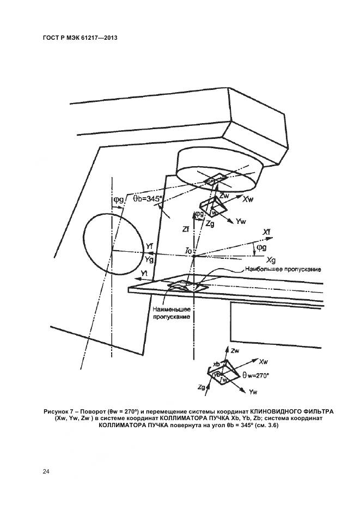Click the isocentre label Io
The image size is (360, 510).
(188, 250)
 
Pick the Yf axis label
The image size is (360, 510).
(149, 246)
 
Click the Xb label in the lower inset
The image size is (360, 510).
(216, 363)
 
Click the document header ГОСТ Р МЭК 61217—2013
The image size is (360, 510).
(80, 38)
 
